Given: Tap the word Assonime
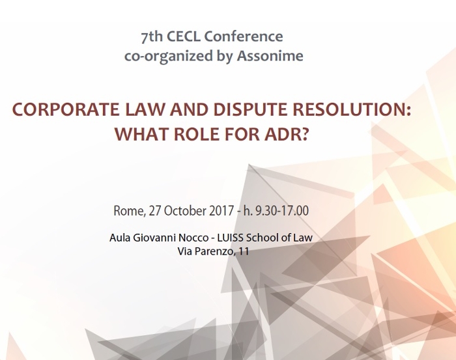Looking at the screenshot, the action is coord(270,55).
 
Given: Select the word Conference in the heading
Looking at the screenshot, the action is coord(244,36).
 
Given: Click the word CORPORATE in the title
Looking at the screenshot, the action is coord(66,109).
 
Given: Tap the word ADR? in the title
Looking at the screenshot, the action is coord(286,133).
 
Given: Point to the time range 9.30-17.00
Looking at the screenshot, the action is coord(282,211).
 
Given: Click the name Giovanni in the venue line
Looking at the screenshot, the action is coord(154,238).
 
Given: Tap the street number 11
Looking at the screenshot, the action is coord(244,251).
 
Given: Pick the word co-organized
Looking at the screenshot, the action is coord(169,56).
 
